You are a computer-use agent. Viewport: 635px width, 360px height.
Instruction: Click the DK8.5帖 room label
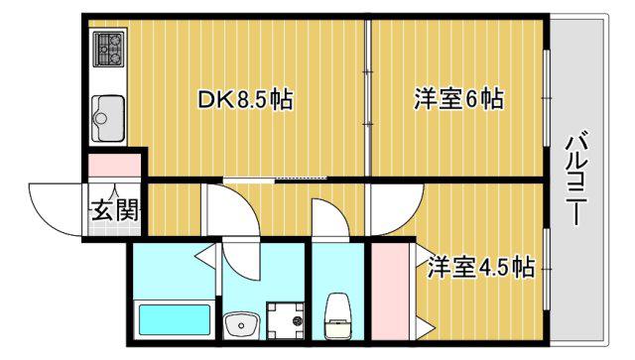pos(245,99)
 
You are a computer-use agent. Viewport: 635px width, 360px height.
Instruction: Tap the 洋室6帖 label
pos(458,98)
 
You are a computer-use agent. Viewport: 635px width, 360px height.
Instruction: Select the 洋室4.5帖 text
pos(481,267)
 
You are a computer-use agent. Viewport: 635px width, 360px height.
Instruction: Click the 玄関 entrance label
pos(115,210)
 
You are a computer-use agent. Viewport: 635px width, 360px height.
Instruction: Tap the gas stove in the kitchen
pos(108,49)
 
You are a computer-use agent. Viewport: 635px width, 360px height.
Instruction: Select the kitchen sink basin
pos(108,118)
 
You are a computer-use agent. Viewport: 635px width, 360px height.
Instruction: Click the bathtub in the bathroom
pos(175,320)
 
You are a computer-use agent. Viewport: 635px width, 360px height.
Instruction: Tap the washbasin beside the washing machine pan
pos(242,325)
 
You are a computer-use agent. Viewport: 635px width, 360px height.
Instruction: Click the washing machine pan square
pos(286,320)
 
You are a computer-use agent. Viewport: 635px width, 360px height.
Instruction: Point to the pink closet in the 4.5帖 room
pos(390,292)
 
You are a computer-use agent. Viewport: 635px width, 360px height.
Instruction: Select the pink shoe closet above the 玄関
pos(115,166)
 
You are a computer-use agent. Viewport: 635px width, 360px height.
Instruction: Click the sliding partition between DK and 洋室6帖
pos(368,98)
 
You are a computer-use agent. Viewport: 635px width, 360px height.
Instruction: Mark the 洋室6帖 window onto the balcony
pos(547,98)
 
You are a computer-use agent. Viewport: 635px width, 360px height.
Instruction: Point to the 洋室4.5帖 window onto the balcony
pos(547,270)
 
